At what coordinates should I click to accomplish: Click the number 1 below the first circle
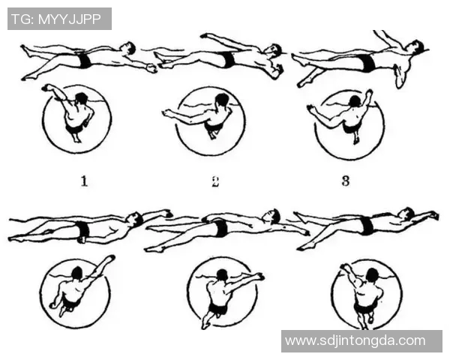coord(84,181)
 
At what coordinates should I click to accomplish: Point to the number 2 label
coord(215,181)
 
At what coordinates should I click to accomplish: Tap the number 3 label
coord(346,181)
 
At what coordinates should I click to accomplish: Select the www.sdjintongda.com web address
coord(355,340)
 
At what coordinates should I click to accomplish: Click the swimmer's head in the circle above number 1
coord(82,98)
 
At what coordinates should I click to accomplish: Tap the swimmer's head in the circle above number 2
coord(222,100)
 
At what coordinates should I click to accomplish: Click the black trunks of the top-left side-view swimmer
coord(84,60)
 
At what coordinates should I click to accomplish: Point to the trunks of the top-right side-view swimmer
coord(367,62)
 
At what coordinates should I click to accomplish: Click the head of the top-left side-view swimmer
coord(128,48)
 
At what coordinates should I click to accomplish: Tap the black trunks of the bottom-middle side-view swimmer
coord(220,228)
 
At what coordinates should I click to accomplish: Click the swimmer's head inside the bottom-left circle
coord(77,273)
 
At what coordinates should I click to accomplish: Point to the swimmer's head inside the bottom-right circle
coord(372,274)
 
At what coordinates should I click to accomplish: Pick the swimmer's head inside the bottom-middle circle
coord(222,275)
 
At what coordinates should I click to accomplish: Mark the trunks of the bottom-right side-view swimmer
coord(367,225)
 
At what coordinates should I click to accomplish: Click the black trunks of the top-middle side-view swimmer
coord(229,59)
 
